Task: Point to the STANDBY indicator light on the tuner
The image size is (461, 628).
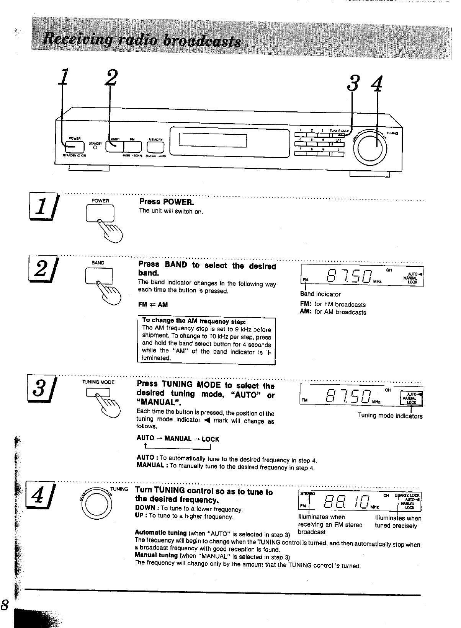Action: (x=94, y=148)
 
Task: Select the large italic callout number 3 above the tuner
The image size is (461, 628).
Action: (x=353, y=83)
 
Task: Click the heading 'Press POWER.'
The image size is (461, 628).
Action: (x=167, y=202)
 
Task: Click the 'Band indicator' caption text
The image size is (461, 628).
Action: (x=320, y=294)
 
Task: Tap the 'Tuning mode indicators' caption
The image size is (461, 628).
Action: (x=390, y=416)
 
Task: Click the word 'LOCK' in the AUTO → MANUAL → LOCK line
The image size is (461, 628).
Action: (x=210, y=439)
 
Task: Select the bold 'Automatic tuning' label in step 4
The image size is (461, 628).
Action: (x=161, y=533)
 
